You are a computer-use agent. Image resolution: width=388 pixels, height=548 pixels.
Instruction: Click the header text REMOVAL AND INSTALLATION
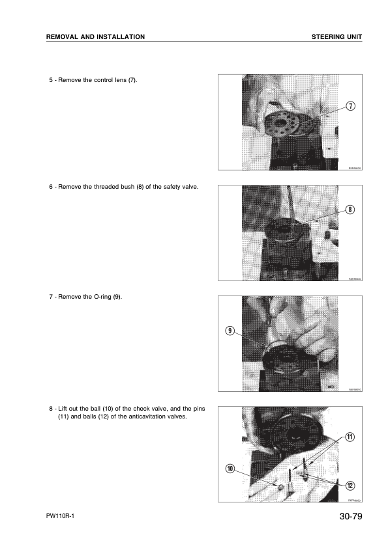[x=95, y=36]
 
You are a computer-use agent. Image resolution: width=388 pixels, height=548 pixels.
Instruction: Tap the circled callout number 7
[x=350, y=106]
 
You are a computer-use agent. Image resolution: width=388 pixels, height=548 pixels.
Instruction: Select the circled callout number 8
[x=350, y=210]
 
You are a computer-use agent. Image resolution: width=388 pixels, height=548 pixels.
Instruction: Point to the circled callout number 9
[x=229, y=331]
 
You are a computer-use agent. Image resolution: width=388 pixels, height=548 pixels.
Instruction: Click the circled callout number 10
[x=229, y=469]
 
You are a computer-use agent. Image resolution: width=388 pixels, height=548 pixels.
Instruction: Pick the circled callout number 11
[x=350, y=436]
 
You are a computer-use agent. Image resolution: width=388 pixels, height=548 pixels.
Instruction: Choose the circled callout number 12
[x=350, y=486]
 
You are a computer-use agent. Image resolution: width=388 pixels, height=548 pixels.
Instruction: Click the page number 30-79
[x=346, y=518]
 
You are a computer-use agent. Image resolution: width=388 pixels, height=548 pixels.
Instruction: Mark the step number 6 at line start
[x=51, y=187]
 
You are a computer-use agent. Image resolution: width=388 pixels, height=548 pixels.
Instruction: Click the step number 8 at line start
[x=51, y=408]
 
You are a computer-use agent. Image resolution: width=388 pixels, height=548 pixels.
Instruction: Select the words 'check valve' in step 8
[x=153, y=408]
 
